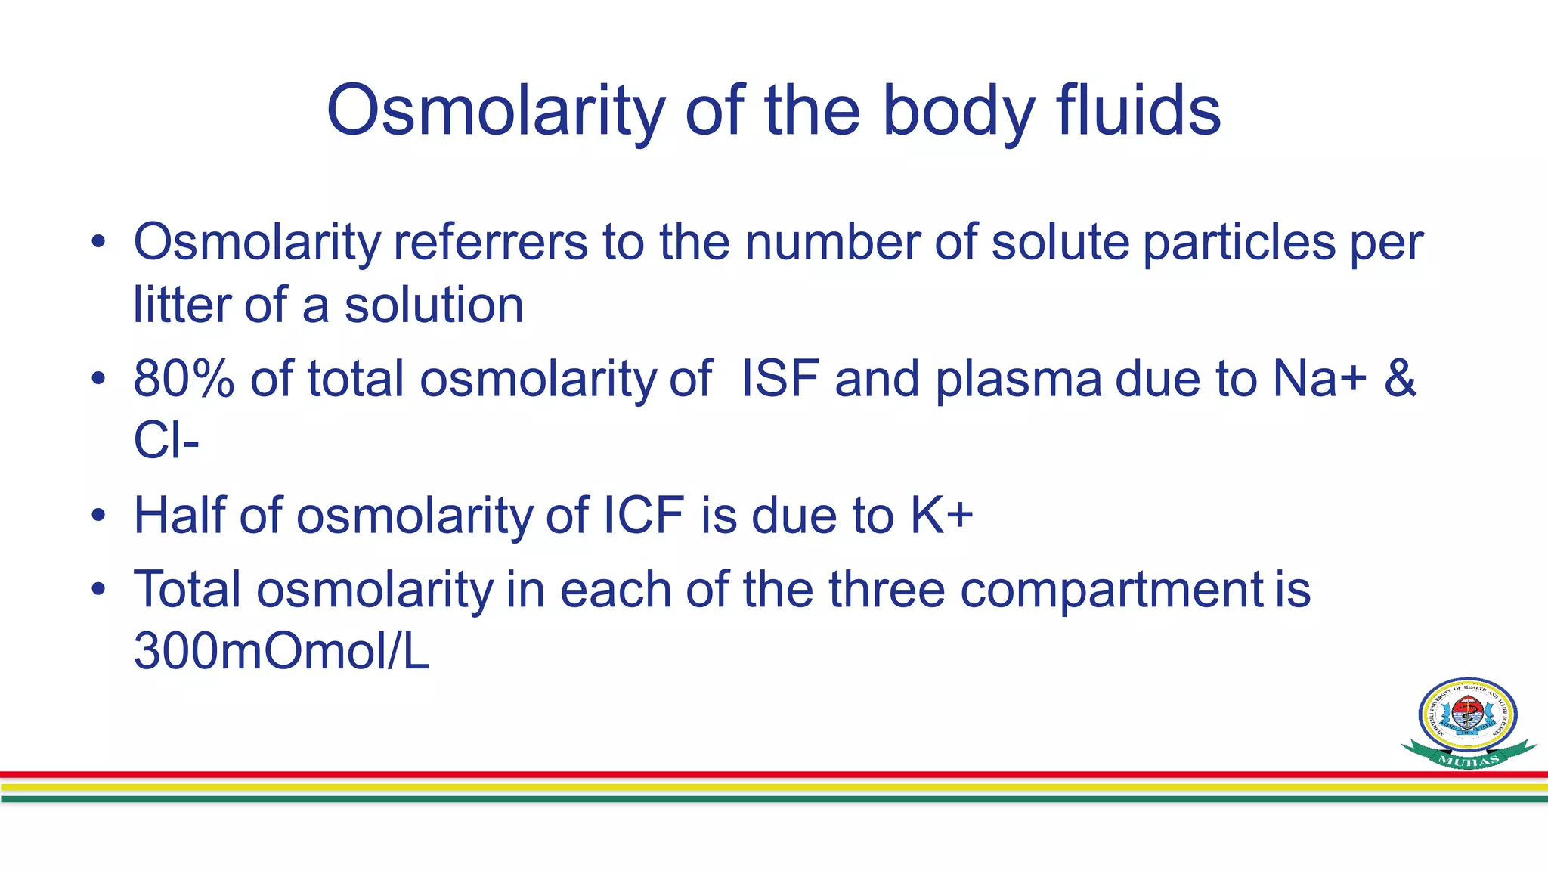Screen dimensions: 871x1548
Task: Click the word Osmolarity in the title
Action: pos(495,112)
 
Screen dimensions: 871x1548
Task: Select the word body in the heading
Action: pos(959,112)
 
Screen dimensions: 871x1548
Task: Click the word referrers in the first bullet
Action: pos(490,243)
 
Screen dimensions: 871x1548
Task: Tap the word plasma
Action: pos(1018,380)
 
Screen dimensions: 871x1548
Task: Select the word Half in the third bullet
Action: pos(179,515)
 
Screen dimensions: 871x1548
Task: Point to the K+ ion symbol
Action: pos(942,515)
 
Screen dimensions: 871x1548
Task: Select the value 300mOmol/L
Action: pos(281,651)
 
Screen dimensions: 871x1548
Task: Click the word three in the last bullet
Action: pos(887,589)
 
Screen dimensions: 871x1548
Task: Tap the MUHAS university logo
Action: pos(1468,723)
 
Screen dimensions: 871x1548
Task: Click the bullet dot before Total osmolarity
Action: pos(98,589)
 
